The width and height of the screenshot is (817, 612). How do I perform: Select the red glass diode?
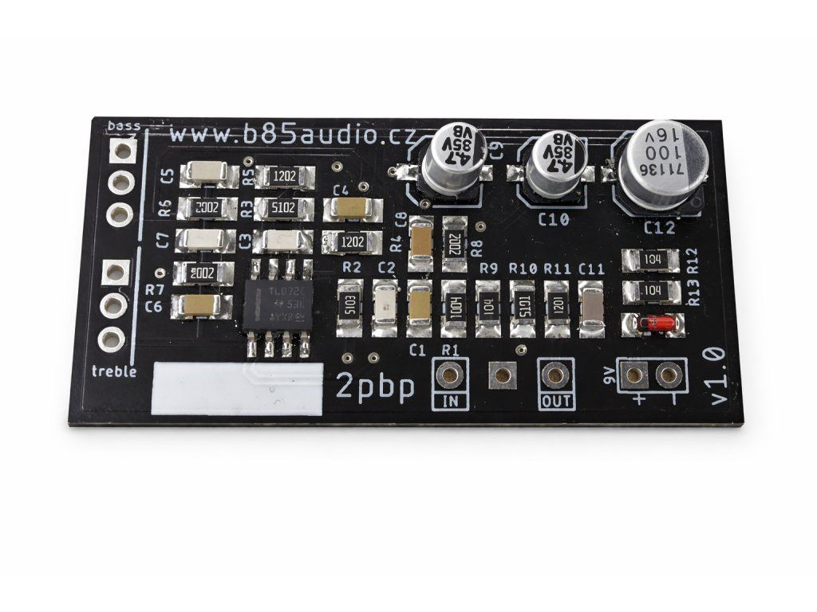[649, 324]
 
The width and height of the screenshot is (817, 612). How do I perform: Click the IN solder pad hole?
[450, 374]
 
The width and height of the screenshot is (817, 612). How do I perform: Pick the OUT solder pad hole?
[555, 373]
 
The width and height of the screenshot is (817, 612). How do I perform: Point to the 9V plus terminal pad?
[636, 372]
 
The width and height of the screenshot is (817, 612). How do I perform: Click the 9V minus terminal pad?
[668, 372]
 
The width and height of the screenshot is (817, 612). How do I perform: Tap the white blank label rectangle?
[236, 389]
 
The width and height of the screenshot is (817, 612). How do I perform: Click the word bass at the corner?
[123, 126]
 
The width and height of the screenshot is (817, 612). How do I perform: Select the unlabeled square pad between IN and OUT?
[502, 373]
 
